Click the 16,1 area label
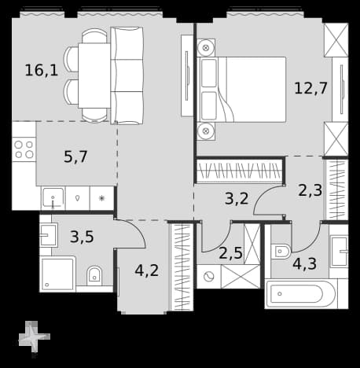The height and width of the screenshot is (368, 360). (x=42, y=70)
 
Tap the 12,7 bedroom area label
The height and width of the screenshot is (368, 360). (x=310, y=88)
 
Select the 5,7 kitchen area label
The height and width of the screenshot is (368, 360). (x=75, y=156)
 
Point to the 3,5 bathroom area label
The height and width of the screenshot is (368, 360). (x=82, y=237)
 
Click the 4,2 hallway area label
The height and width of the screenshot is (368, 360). (x=147, y=270)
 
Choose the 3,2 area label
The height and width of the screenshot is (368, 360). (x=237, y=198)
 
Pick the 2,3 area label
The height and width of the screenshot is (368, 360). (x=310, y=190)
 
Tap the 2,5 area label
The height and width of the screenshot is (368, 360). (x=230, y=253)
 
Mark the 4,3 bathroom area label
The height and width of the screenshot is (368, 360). (x=304, y=263)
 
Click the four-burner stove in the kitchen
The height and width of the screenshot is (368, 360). (x=24, y=149)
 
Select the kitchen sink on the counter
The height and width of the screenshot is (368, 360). (x=53, y=198)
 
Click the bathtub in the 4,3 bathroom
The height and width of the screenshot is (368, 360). (x=300, y=294)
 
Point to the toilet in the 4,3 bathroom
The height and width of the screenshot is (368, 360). (x=281, y=252)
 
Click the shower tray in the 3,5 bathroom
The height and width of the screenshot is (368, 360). (x=58, y=274)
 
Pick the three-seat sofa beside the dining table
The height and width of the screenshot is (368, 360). (x=127, y=75)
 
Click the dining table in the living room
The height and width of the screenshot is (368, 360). (x=94, y=75)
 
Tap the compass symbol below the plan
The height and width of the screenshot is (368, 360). (x=34, y=337)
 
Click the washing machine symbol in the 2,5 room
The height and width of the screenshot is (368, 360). (x=209, y=277)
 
